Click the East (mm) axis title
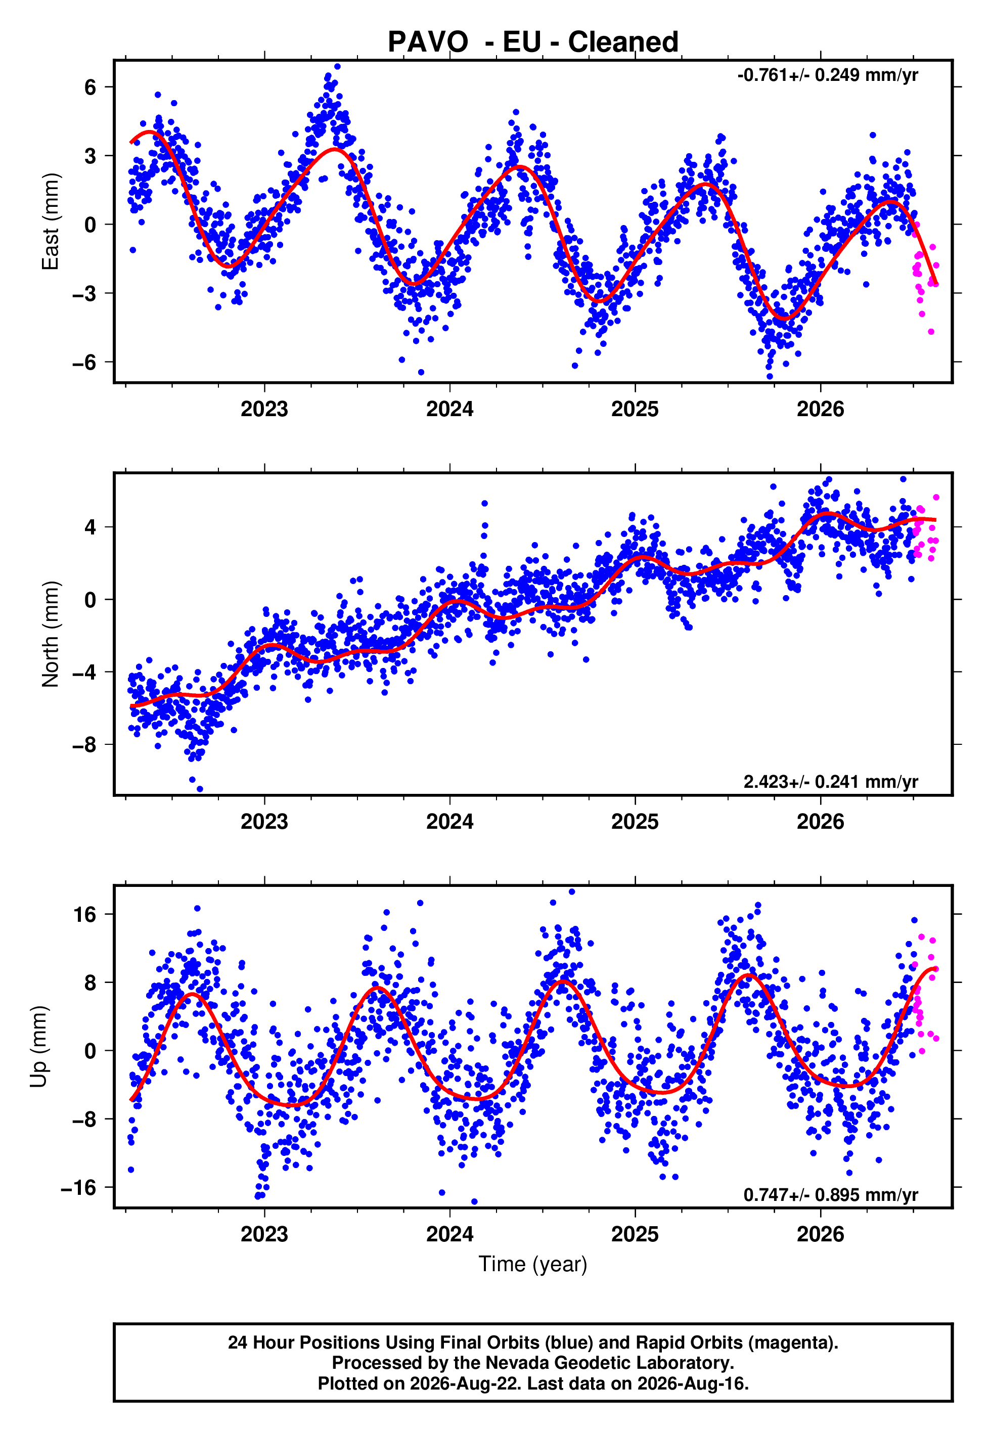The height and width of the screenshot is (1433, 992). click(50, 221)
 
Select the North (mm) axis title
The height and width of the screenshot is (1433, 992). click(50, 634)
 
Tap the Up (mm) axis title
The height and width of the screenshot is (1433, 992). click(38, 1047)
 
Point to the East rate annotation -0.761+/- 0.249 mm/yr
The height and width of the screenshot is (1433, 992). click(827, 75)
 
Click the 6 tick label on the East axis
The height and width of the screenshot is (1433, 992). click(91, 87)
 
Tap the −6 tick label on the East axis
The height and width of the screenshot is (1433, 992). click(84, 362)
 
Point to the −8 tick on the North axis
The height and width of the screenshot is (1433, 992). click(84, 744)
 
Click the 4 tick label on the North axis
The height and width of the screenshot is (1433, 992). click(91, 527)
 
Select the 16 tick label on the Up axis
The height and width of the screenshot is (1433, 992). click(84, 914)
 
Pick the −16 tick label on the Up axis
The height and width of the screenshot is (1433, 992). click(79, 1188)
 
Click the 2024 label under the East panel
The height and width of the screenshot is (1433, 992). click(449, 409)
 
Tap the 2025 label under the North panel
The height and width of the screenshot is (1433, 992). click(635, 822)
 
